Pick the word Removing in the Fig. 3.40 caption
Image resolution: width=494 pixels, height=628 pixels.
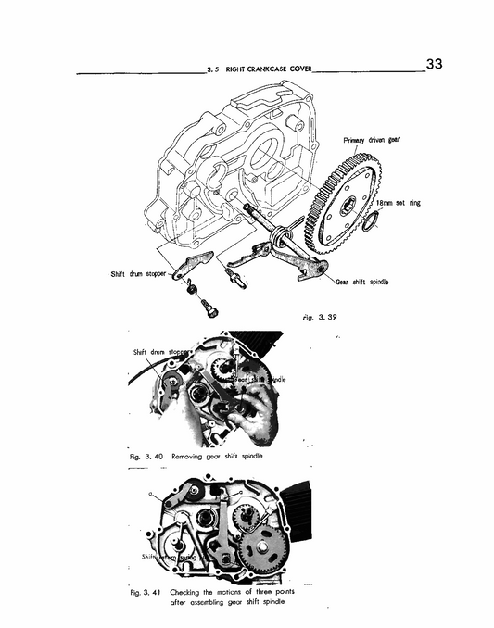coord(194,456)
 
